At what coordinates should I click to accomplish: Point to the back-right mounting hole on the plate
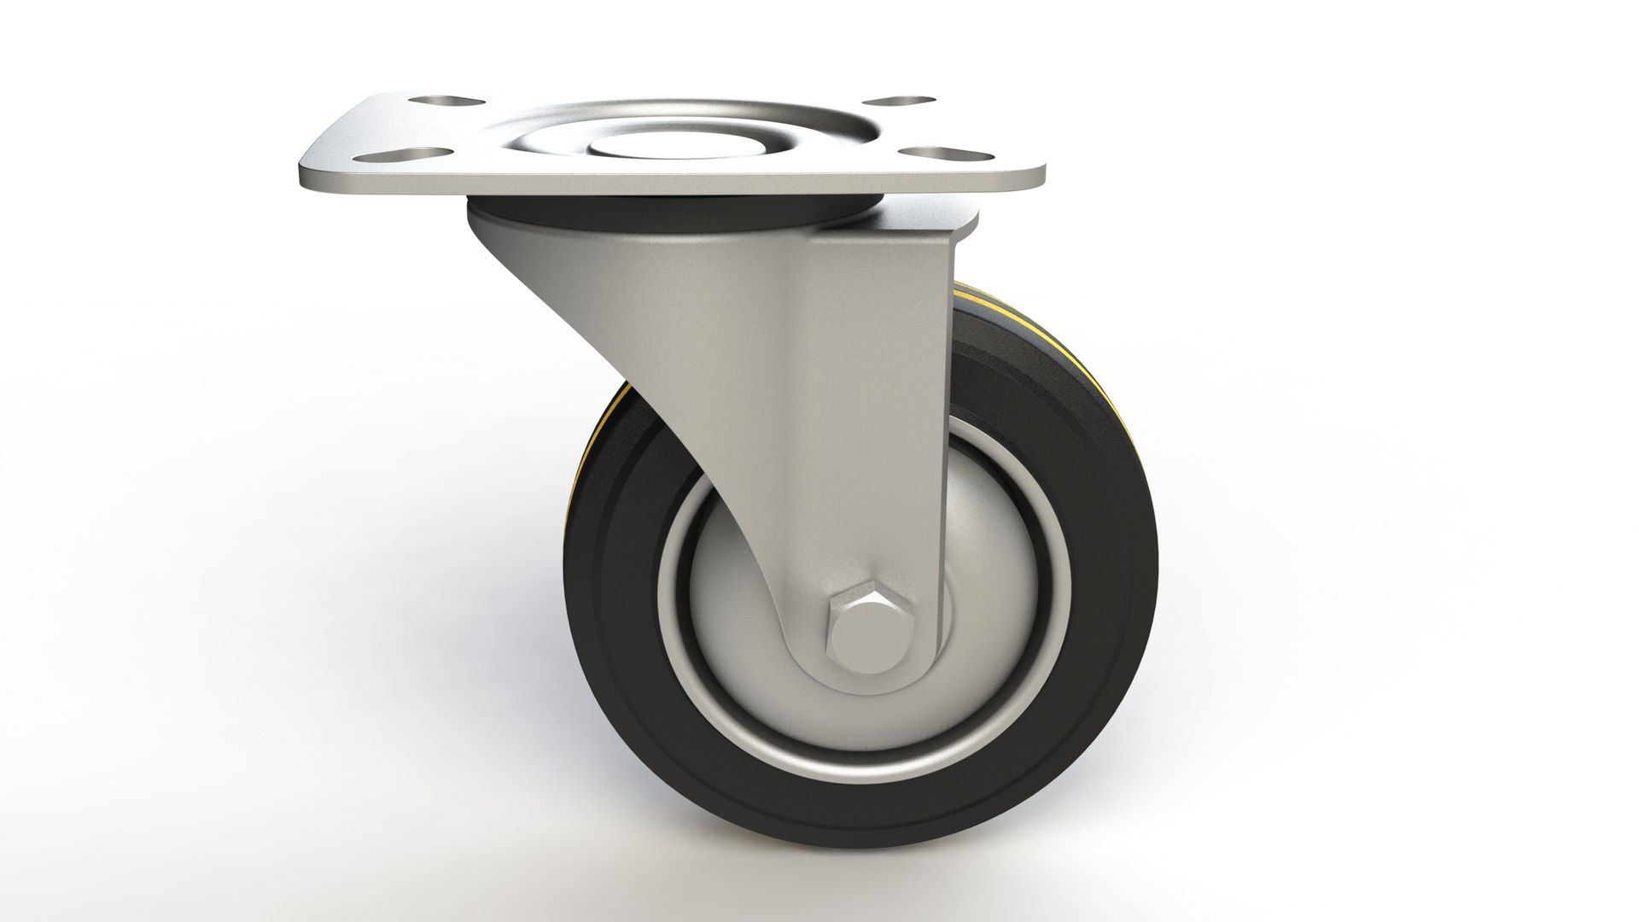pos(902,101)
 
